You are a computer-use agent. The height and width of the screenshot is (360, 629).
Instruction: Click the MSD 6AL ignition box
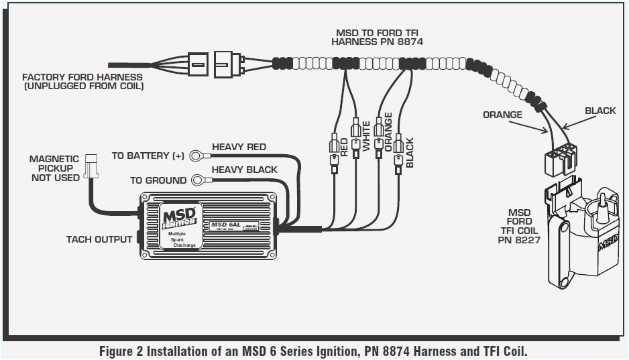click(x=208, y=225)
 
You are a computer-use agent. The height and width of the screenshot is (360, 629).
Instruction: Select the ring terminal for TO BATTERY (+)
click(x=196, y=156)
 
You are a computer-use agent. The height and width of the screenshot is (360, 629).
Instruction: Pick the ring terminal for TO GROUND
click(x=199, y=180)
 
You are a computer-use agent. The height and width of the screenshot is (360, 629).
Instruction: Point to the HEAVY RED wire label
click(x=239, y=147)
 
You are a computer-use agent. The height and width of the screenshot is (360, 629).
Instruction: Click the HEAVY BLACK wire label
click(x=244, y=170)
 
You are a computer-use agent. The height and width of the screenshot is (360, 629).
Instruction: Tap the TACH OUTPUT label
click(x=99, y=239)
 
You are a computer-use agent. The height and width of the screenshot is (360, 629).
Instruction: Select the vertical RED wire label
click(x=345, y=147)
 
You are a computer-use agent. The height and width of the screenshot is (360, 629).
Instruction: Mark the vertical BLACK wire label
click(x=410, y=152)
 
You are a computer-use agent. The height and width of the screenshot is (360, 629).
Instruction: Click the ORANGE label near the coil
click(x=502, y=115)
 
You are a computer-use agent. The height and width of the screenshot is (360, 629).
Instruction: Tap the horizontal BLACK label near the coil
click(x=599, y=111)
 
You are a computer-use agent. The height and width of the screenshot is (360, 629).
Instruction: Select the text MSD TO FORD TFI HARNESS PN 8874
click(x=378, y=37)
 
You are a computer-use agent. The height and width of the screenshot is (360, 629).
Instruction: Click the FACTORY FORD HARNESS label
click(x=82, y=82)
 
